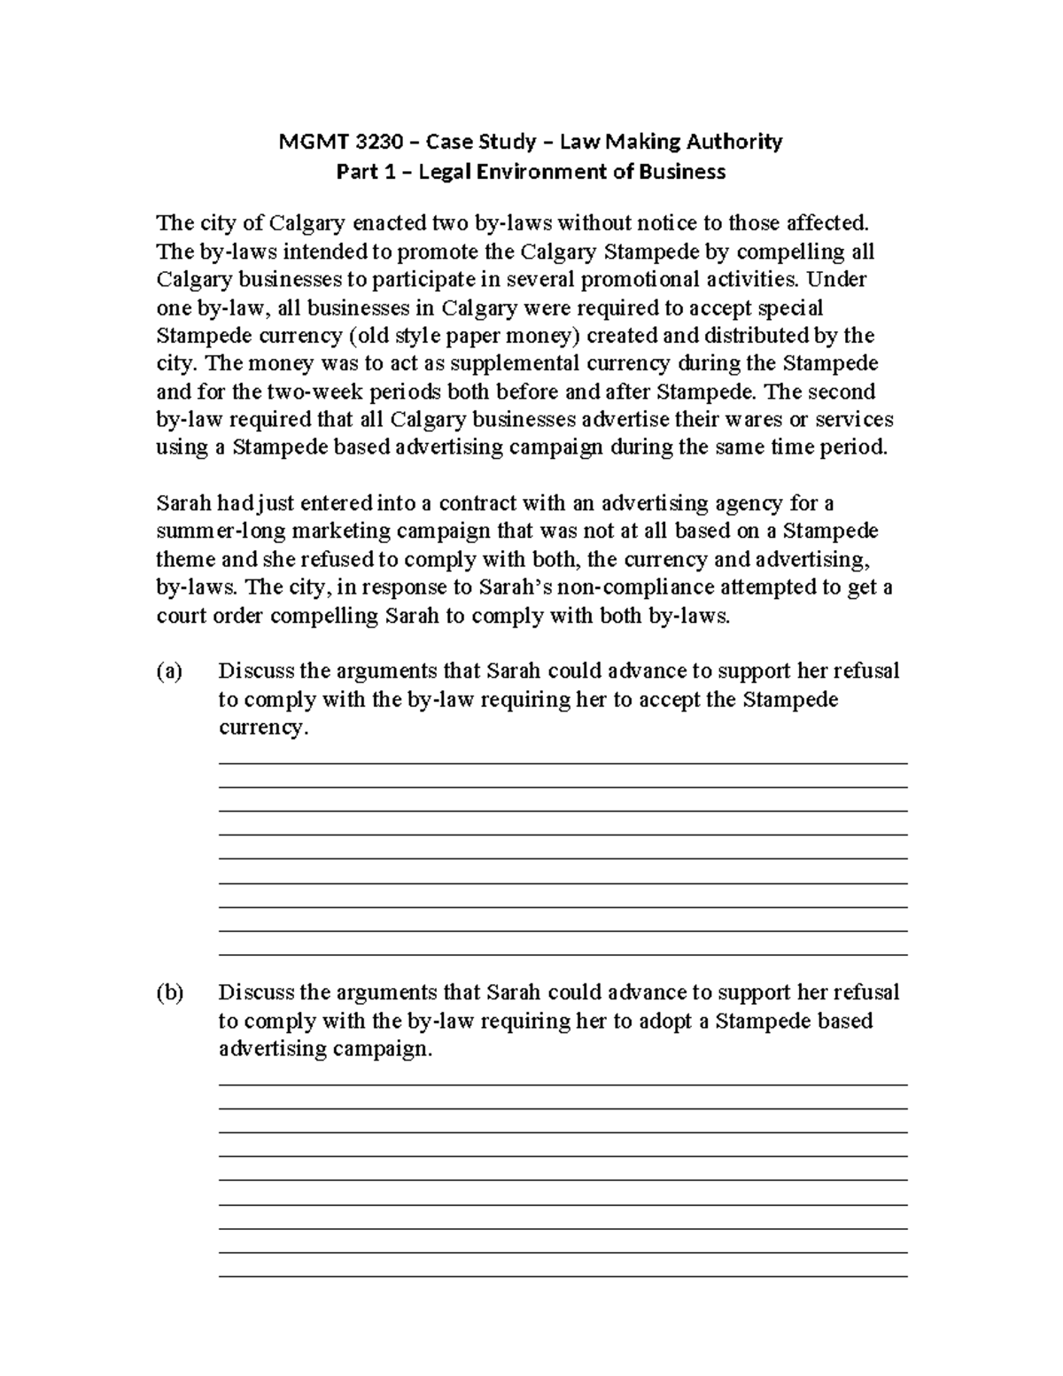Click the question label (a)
(168, 672)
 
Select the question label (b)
(169, 993)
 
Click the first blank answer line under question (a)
(563, 763)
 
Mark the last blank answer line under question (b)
(563, 1276)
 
